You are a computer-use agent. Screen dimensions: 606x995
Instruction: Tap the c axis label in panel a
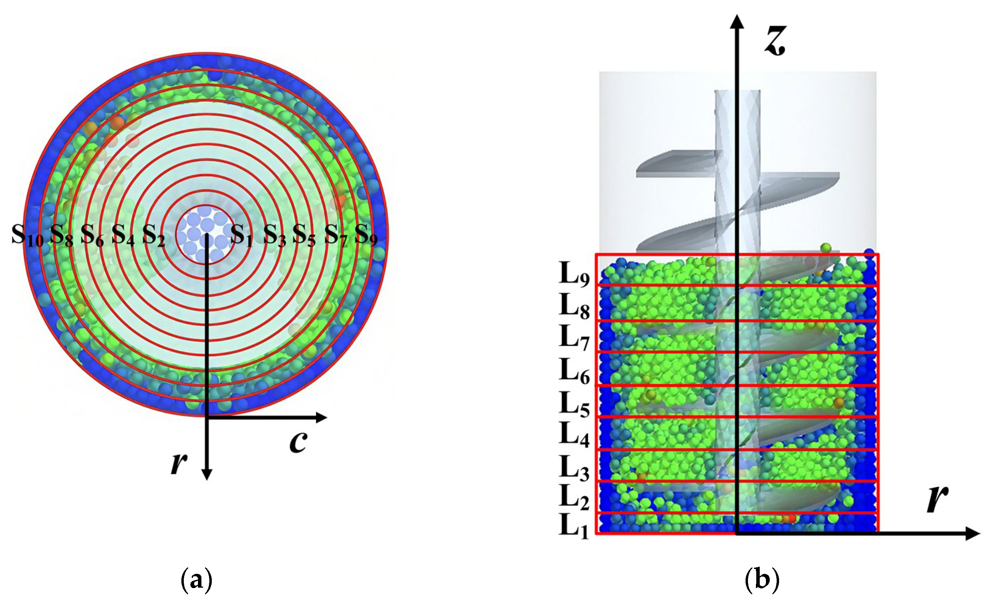298,441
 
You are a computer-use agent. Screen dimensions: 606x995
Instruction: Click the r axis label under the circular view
178,463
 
